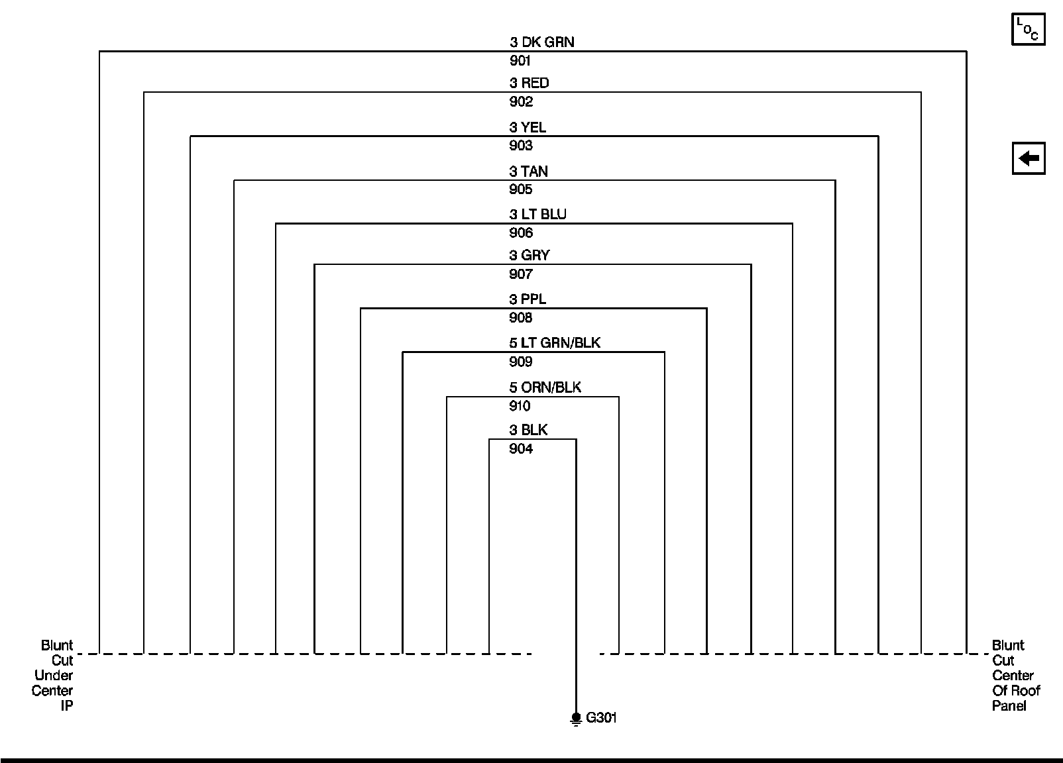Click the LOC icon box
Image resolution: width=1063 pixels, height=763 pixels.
point(1028,29)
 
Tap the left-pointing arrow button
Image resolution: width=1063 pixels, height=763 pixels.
point(1028,159)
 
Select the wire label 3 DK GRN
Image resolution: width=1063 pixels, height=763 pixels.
point(541,42)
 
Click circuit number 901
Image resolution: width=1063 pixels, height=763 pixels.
point(520,61)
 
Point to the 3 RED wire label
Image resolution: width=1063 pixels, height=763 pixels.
point(529,83)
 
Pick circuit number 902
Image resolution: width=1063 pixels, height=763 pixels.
point(520,101)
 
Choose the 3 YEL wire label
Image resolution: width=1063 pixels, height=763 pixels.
point(528,127)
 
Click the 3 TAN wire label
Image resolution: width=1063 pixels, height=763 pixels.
point(528,172)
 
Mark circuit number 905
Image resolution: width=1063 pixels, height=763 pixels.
point(520,189)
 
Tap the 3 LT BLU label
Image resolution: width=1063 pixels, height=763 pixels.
point(537,215)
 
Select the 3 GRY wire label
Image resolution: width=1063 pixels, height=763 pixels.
point(530,256)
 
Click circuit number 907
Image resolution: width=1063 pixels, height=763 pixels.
point(520,274)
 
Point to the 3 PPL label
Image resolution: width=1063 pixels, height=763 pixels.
point(528,299)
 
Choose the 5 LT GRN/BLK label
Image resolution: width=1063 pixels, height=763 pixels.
point(555,343)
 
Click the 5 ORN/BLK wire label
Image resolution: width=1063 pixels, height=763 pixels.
point(545,387)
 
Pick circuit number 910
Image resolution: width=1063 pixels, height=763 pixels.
point(520,406)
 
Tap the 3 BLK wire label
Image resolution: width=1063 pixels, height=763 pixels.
point(528,431)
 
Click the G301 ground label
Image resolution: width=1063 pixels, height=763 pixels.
point(602,718)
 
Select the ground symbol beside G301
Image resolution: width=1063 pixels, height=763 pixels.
point(576,719)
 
